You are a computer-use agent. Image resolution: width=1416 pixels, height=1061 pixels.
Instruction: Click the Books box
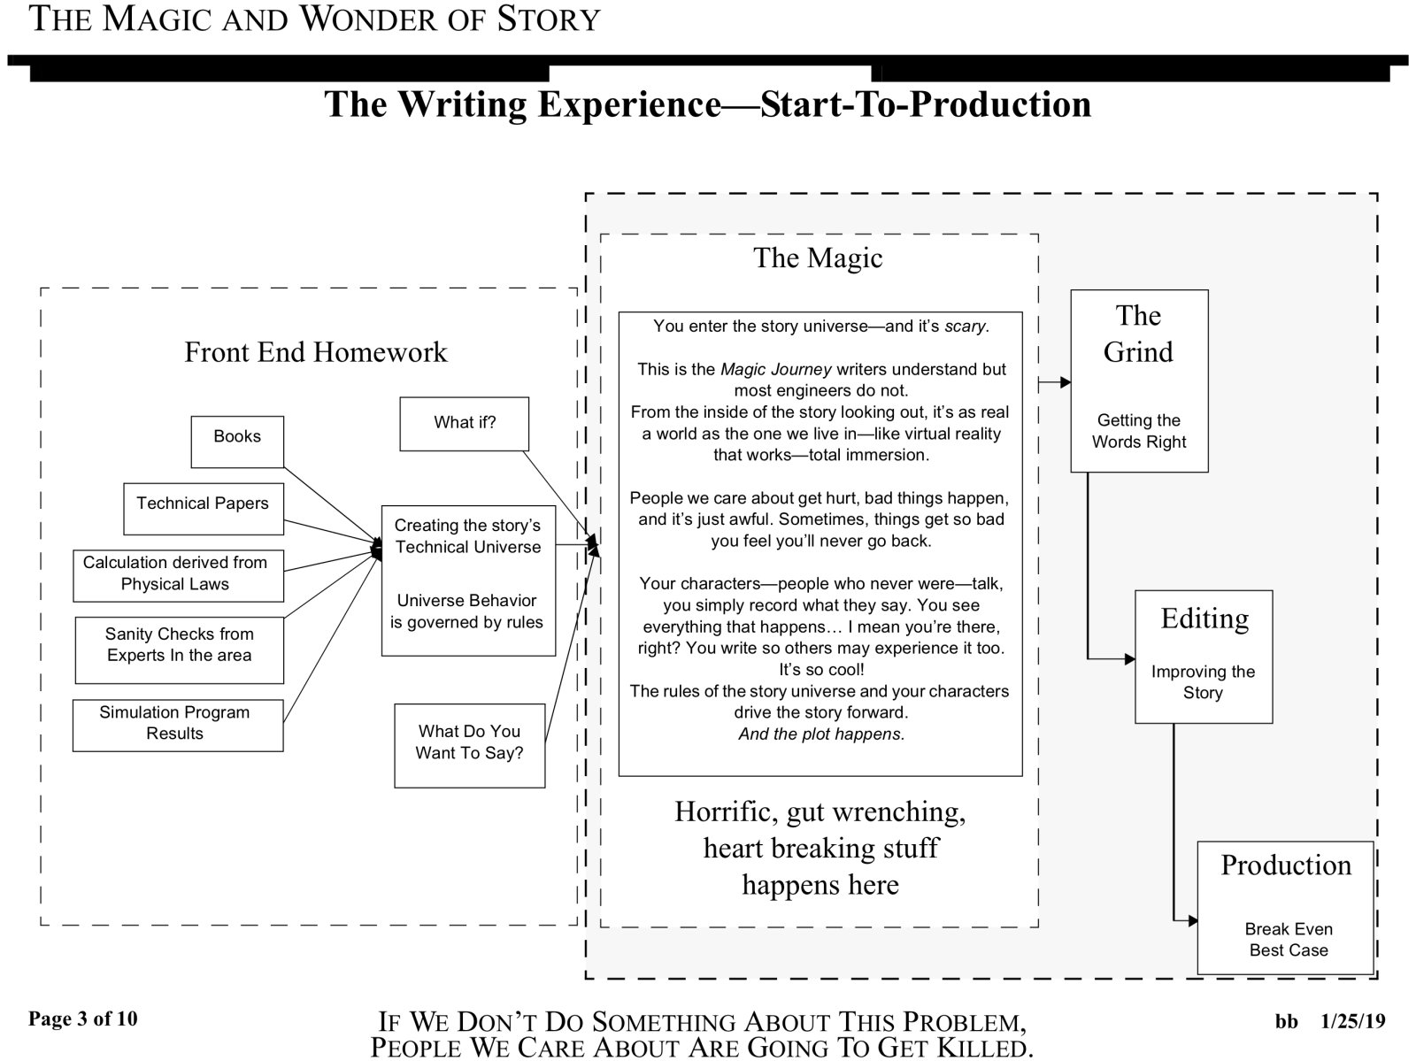[x=237, y=442]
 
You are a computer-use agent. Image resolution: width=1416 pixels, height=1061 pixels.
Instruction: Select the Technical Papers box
[x=203, y=508]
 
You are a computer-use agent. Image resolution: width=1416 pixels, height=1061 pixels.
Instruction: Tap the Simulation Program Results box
[x=177, y=725]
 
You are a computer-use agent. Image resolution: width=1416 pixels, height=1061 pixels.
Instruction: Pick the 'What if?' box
[x=464, y=424]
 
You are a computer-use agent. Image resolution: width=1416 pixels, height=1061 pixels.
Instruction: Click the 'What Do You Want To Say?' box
[x=469, y=744]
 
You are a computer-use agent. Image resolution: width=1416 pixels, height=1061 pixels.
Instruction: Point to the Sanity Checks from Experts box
[x=179, y=650]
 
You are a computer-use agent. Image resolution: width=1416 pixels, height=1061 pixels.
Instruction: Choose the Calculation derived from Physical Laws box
[x=178, y=575]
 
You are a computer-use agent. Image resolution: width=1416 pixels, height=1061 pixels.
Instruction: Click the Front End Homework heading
[x=315, y=352]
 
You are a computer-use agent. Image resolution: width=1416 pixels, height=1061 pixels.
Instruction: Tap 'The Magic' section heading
[x=818, y=258]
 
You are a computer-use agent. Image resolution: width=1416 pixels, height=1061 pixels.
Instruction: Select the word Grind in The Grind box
[x=1138, y=352]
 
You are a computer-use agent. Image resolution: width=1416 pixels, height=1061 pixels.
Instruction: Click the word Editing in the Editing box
[x=1204, y=618]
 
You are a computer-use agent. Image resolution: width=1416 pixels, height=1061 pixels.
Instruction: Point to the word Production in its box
[x=1286, y=865]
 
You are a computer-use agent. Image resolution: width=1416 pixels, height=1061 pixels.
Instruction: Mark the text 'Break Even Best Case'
[x=1289, y=940]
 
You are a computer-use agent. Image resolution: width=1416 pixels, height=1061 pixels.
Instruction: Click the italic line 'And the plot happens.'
[x=821, y=734]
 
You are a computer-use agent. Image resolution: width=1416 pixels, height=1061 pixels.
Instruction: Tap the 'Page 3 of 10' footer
[x=83, y=1019]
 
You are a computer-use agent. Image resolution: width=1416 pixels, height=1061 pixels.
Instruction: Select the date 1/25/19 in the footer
[x=1352, y=1021]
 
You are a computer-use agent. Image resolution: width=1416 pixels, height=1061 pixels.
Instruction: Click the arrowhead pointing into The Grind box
[x=1066, y=383]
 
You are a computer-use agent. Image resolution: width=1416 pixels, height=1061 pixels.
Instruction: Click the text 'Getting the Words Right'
[x=1139, y=431]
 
